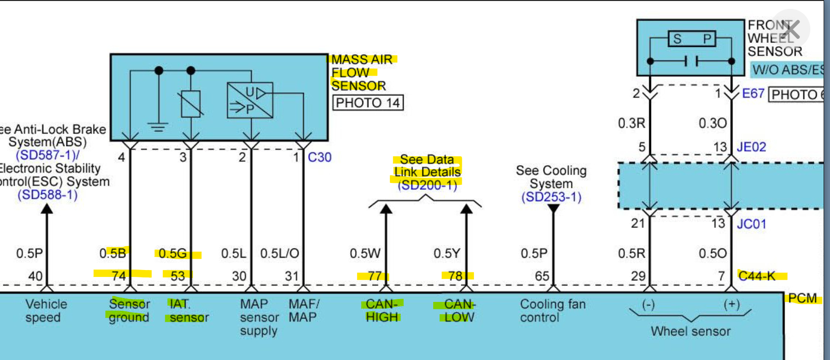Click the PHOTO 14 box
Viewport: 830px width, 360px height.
tap(368, 103)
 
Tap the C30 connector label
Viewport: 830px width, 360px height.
tap(320, 157)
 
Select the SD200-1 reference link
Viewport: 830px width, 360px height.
tap(427, 185)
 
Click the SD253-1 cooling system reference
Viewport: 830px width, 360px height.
tap(551, 197)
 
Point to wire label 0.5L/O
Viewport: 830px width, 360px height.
tap(279, 253)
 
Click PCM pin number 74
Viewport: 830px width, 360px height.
tap(119, 276)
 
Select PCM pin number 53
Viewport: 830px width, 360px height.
tap(178, 276)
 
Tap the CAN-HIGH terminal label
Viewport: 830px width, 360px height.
tap(382, 311)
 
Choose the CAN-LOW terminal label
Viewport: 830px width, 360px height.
tap(459, 311)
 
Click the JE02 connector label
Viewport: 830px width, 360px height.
tap(751, 147)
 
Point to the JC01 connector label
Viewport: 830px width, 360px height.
tap(751, 224)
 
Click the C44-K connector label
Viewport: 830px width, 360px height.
tap(757, 276)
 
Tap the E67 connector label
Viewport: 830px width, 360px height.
tap(753, 93)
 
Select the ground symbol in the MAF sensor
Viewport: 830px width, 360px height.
tap(158, 127)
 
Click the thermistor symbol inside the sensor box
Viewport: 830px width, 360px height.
tap(191, 104)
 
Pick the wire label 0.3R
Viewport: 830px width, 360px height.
tap(631, 123)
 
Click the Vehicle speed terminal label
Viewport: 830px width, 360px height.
tap(45, 311)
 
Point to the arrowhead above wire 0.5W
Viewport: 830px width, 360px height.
tap(386, 210)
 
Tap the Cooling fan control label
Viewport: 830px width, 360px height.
tap(552, 311)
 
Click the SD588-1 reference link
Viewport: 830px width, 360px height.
tap(48, 195)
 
